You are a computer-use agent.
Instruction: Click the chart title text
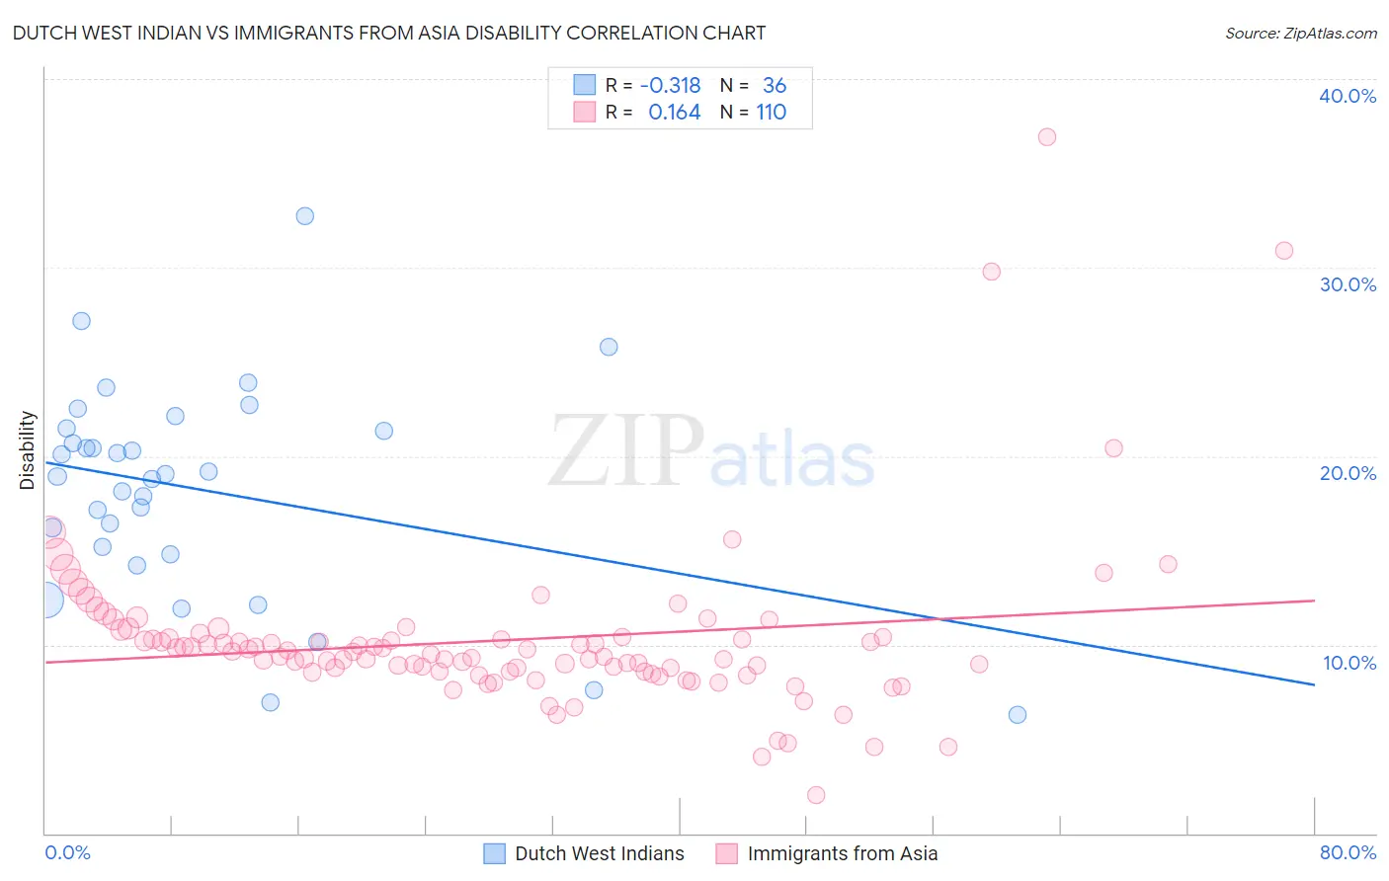point(388,33)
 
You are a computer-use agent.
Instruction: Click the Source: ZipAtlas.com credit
point(1300,33)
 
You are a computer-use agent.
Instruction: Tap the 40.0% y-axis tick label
point(1347,96)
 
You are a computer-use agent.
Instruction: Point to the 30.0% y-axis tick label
point(1347,284)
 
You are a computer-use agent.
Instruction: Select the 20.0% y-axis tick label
point(1347,473)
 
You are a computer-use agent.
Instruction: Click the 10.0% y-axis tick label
point(1348,663)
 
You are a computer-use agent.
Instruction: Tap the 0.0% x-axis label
point(67,852)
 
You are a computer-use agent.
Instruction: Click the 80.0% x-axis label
point(1348,852)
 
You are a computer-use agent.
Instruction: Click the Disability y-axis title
point(28,450)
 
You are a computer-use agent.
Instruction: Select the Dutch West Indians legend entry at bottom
point(599,853)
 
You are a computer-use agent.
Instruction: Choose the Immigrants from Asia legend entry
point(842,853)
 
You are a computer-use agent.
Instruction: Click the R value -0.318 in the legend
point(670,85)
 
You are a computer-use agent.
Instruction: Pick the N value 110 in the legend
point(772,113)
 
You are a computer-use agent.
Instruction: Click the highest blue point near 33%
point(305,216)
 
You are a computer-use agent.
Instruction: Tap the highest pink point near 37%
point(1047,137)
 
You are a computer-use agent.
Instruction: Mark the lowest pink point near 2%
point(816,795)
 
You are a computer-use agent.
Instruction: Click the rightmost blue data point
point(1018,715)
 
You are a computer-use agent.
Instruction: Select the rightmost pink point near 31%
point(1284,251)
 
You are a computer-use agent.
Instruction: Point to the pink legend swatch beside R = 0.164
point(585,113)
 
